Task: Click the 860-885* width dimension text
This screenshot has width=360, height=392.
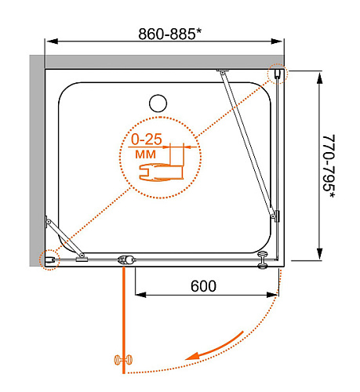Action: pos(170,34)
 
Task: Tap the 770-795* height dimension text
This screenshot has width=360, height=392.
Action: pos(329,166)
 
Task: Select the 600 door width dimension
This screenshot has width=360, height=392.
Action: pos(203,286)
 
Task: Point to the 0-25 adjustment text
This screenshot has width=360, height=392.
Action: pos(147,140)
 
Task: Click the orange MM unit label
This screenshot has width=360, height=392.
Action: pos(145,154)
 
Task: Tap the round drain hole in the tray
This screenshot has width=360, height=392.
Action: pos(158,103)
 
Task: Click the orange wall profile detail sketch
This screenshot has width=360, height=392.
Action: pos(161,172)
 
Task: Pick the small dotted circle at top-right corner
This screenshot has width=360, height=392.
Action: pos(278,74)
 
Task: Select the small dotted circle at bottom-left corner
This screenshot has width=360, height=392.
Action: pos(49,260)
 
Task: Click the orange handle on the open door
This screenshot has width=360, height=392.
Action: pos(123,360)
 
